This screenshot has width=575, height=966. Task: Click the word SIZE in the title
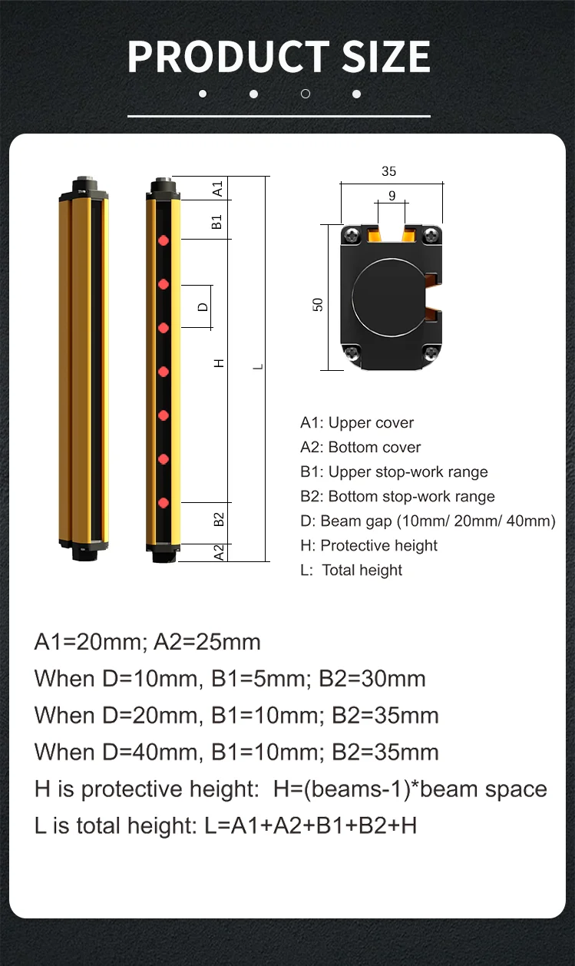click(386, 57)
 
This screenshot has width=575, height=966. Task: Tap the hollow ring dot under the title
click(306, 94)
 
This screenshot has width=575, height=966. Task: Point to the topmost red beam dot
click(164, 240)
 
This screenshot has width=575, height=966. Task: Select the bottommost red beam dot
click(164, 503)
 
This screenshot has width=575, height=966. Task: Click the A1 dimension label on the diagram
click(218, 188)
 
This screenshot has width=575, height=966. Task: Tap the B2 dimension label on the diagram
click(219, 519)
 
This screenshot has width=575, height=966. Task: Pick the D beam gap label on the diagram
click(203, 307)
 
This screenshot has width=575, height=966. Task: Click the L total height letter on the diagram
click(258, 366)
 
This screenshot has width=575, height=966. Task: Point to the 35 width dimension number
click(388, 171)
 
